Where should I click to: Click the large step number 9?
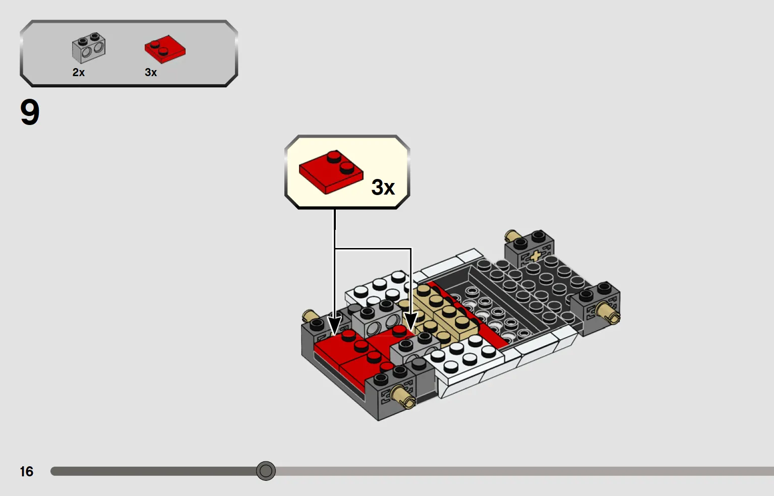(x=30, y=112)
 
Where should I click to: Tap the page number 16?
(x=27, y=471)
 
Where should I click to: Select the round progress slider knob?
(x=266, y=471)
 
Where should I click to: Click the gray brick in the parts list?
(x=89, y=48)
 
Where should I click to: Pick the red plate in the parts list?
(x=165, y=49)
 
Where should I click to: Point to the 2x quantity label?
(x=79, y=73)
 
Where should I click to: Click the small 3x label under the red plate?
(x=151, y=73)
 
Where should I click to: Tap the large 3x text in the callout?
(x=383, y=187)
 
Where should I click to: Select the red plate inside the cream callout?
(x=331, y=172)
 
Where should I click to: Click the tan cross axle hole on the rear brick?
(x=535, y=256)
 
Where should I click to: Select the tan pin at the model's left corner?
(x=309, y=316)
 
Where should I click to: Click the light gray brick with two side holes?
(x=377, y=320)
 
